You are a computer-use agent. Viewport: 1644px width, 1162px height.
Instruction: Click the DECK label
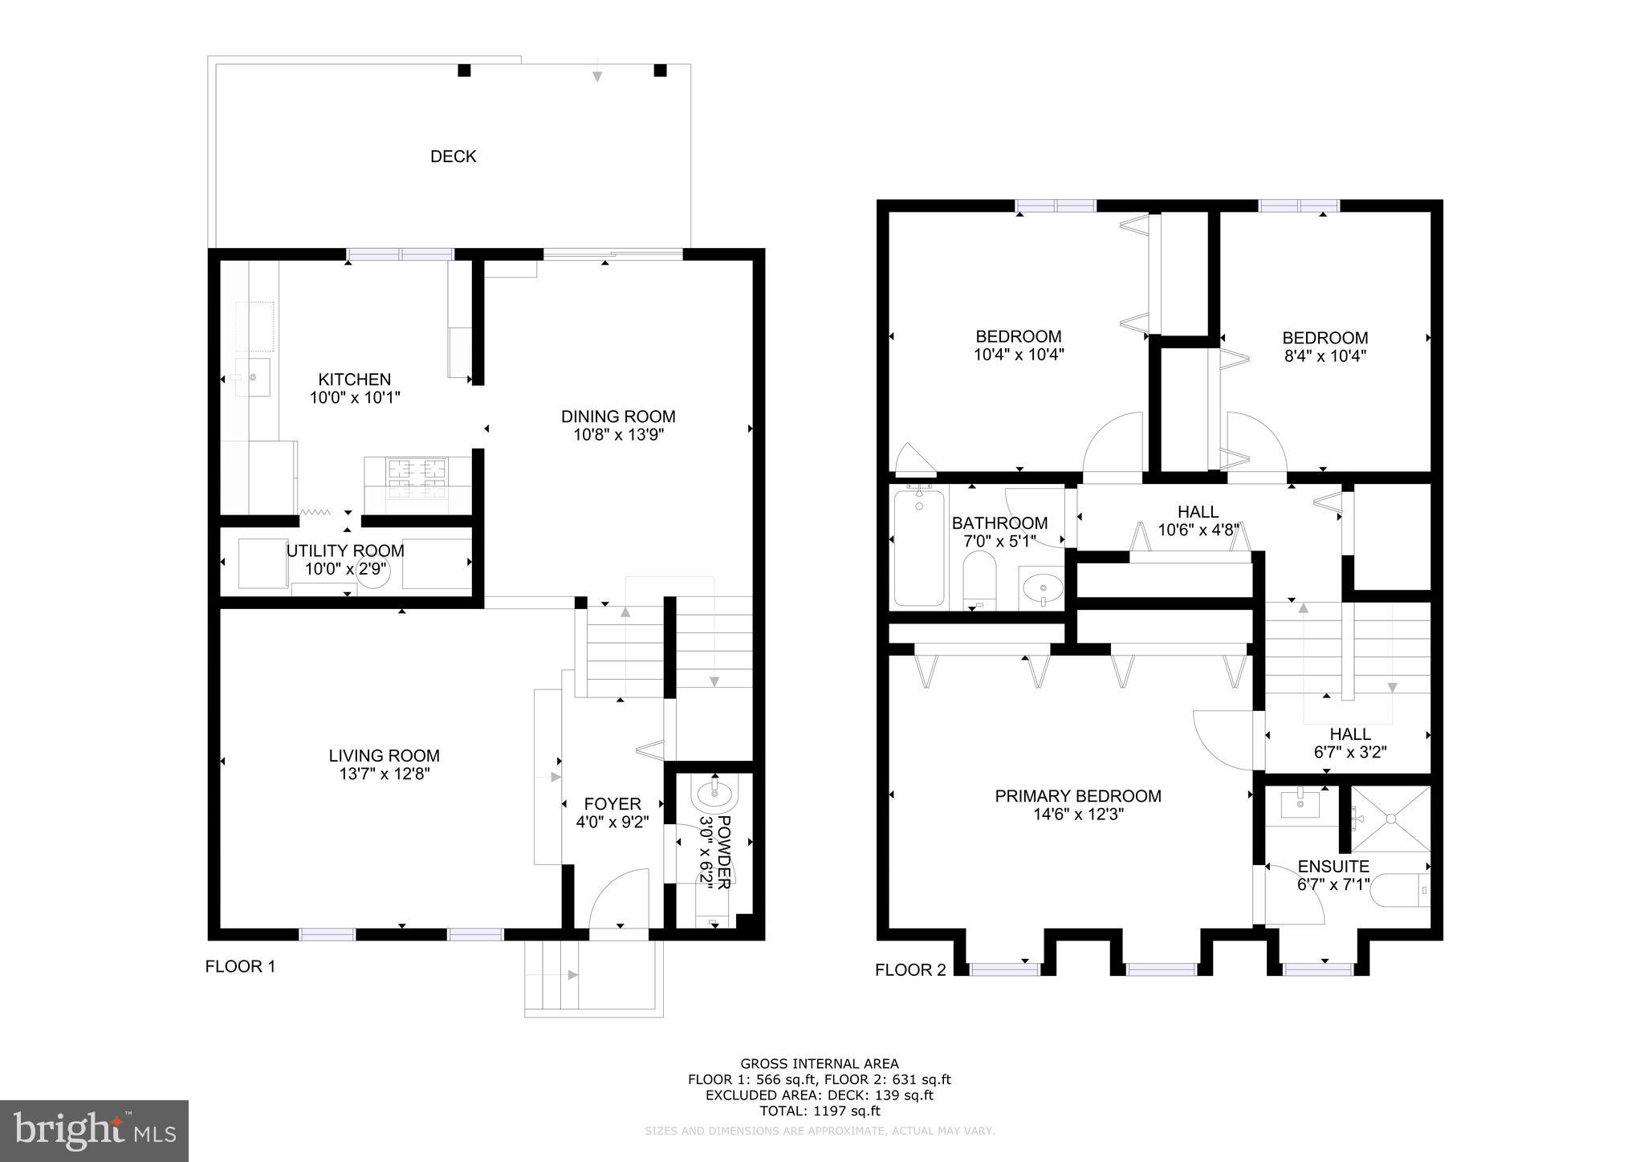(x=453, y=156)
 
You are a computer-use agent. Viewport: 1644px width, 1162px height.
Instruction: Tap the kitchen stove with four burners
(x=417, y=477)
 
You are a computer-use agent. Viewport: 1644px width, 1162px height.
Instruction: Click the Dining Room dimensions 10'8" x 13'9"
(x=618, y=435)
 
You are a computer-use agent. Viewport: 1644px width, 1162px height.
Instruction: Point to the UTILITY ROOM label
(x=345, y=551)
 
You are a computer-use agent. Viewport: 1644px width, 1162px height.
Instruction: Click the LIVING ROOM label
(x=384, y=756)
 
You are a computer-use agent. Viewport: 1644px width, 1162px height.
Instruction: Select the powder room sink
(x=714, y=794)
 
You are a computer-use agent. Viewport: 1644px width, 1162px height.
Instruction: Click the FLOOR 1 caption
(x=240, y=967)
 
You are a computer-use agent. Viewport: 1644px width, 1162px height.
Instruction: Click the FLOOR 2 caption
(x=910, y=970)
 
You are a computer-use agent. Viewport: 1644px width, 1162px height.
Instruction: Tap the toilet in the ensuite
(x=1401, y=891)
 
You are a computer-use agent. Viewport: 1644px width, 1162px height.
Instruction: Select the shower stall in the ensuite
(x=1390, y=819)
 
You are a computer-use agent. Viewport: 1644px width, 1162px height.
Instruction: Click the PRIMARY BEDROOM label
(x=1077, y=796)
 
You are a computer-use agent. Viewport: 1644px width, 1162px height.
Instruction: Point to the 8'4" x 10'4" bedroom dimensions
(x=1325, y=356)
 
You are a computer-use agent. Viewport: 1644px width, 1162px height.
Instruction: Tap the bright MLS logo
(x=94, y=1131)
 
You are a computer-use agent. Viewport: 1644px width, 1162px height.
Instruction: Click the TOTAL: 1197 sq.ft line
(x=820, y=1111)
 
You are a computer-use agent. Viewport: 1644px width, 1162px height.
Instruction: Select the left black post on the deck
(x=464, y=71)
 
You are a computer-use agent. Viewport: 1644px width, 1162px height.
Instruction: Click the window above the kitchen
(x=401, y=254)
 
